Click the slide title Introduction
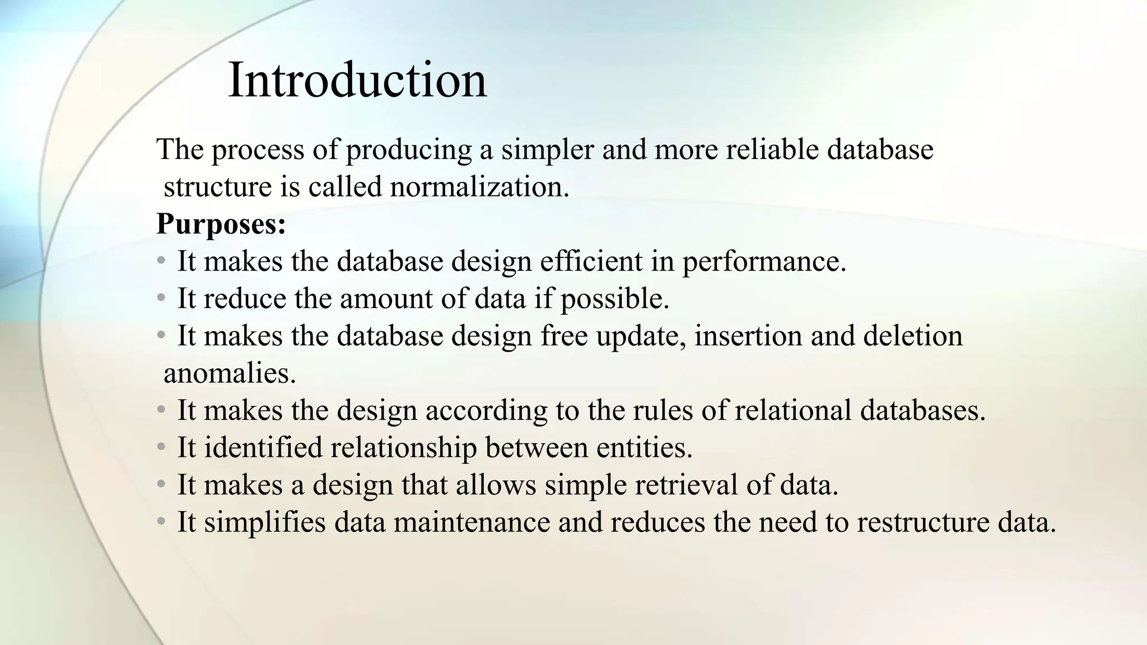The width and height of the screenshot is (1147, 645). coord(357,81)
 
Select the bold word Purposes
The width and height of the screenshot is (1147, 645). coord(221,224)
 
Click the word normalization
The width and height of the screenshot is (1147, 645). coord(479,186)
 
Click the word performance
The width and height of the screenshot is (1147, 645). coord(763,262)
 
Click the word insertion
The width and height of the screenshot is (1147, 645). coord(748,336)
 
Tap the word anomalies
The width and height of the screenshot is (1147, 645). coord(229,373)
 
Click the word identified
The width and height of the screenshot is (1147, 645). coord(263,447)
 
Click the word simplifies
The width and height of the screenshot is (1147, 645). coord(264,522)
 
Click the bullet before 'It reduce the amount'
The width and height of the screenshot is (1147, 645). coord(161,298)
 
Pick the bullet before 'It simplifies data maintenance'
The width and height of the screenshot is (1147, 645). coord(161,521)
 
